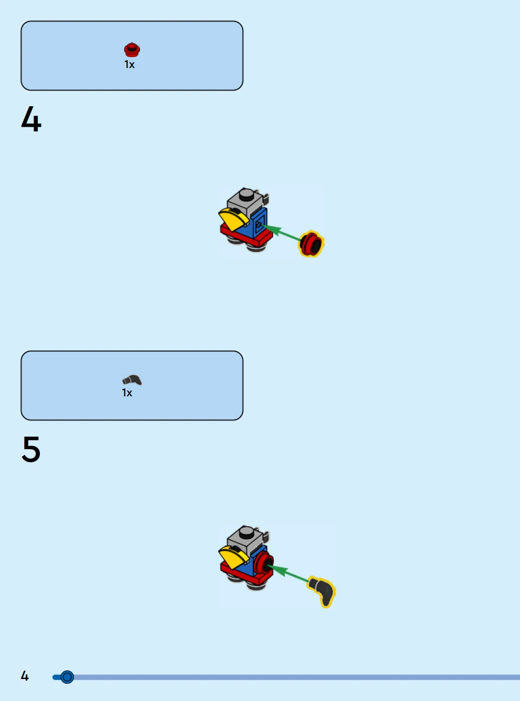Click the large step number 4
[x=31, y=119]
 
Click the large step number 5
[x=31, y=449]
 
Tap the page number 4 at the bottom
[x=25, y=676]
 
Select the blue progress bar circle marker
[x=67, y=677]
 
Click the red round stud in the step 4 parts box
[x=132, y=50]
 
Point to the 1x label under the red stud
[x=129, y=64]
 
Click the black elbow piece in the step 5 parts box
[x=132, y=380]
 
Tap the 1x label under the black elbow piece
[x=127, y=393]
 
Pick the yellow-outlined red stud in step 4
[x=311, y=243]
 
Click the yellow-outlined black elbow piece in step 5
[x=322, y=592]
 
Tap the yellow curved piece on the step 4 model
[x=234, y=219]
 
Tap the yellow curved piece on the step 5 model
[x=234, y=557]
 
